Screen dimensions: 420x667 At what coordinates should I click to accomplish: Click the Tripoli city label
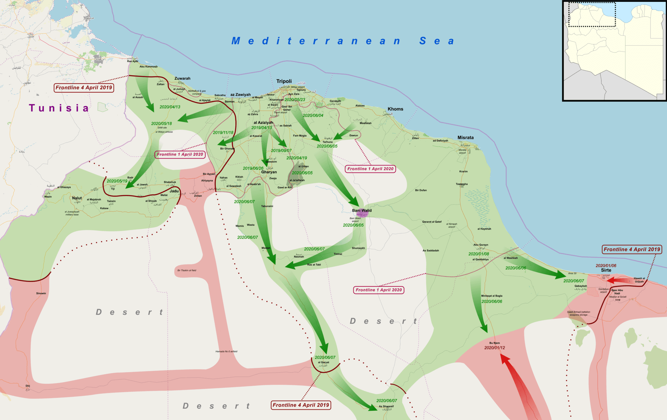pyautogui.click(x=284, y=81)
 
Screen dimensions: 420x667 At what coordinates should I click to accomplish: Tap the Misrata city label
pyautogui.click(x=465, y=138)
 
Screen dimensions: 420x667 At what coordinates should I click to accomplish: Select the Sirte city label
pyautogui.click(x=606, y=270)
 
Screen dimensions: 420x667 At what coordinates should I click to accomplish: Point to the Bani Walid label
pyautogui.click(x=362, y=210)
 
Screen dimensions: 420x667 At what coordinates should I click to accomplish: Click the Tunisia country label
pyautogui.click(x=59, y=108)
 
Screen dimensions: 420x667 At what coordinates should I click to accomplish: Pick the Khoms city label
pyautogui.click(x=395, y=109)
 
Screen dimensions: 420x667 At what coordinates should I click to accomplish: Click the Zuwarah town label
pyautogui.click(x=182, y=79)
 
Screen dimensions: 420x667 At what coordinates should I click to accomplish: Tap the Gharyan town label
pyautogui.click(x=269, y=172)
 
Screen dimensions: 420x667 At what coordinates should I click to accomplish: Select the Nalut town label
pyautogui.click(x=77, y=198)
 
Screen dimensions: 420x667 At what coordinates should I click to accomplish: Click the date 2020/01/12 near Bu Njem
pyautogui.click(x=494, y=348)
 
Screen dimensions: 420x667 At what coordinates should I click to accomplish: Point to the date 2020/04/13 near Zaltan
pyautogui.click(x=170, y=107)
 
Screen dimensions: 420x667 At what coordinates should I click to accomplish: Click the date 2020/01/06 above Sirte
pyautogui.click(x=606, y=266)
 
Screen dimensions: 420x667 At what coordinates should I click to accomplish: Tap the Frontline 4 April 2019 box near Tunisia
pyautogui.click(x=84, y=88)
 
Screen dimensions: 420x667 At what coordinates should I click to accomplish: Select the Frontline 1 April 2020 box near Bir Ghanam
pyautogui.click(x=180, y=154)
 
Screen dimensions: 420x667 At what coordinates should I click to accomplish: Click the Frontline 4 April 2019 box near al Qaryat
pyautogui.click(x=300, y=405)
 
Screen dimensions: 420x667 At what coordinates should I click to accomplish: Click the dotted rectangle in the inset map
pyautogui.click(x=592, y=14)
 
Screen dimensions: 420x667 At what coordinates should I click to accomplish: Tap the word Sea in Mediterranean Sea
pyautogui.click(x=437, y=41)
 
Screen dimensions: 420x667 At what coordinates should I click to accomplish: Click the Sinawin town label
pyautogui.click(x=41, y=293)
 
